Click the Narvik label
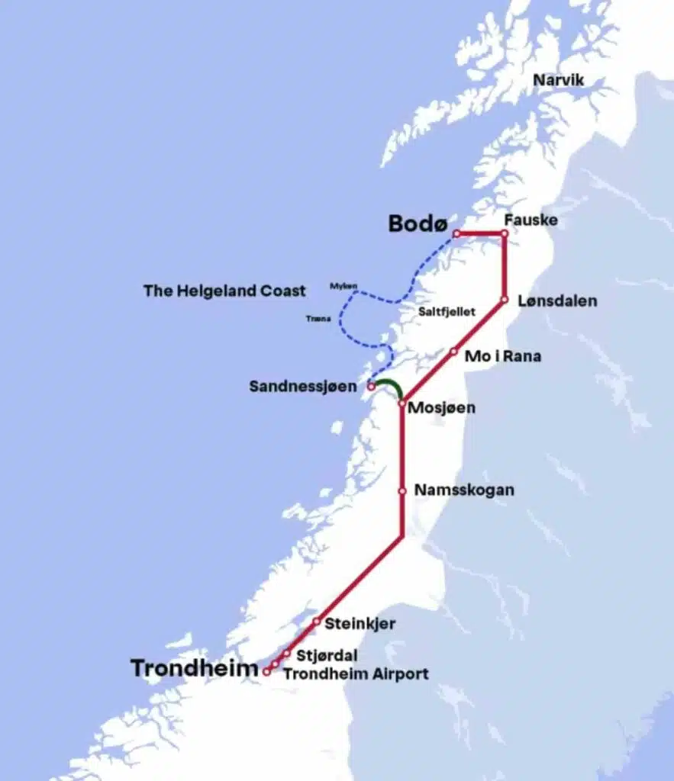(x=558, y=80)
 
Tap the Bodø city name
(x=418, y=223)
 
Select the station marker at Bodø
(x=456, y=233)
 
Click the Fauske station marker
(x=504, y=233)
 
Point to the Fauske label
(x=530, y=220)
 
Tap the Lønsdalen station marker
(x=504, y=301)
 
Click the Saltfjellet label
(x=447, y=312)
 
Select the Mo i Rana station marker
(x=453, y=352)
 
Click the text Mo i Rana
(x=503, y=355)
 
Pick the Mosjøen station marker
(x=401, y=403)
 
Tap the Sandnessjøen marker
(x=372, y=387)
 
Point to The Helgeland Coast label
(x=224, y=291)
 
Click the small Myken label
(x=343, y=286)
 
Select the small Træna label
(x=318, y=319)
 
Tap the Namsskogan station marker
(x=401, y=491)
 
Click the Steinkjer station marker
(x=316, y=622)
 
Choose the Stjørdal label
(x=327, y=655)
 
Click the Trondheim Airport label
(x=356, y=673)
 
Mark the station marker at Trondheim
(x=266, y=672)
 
